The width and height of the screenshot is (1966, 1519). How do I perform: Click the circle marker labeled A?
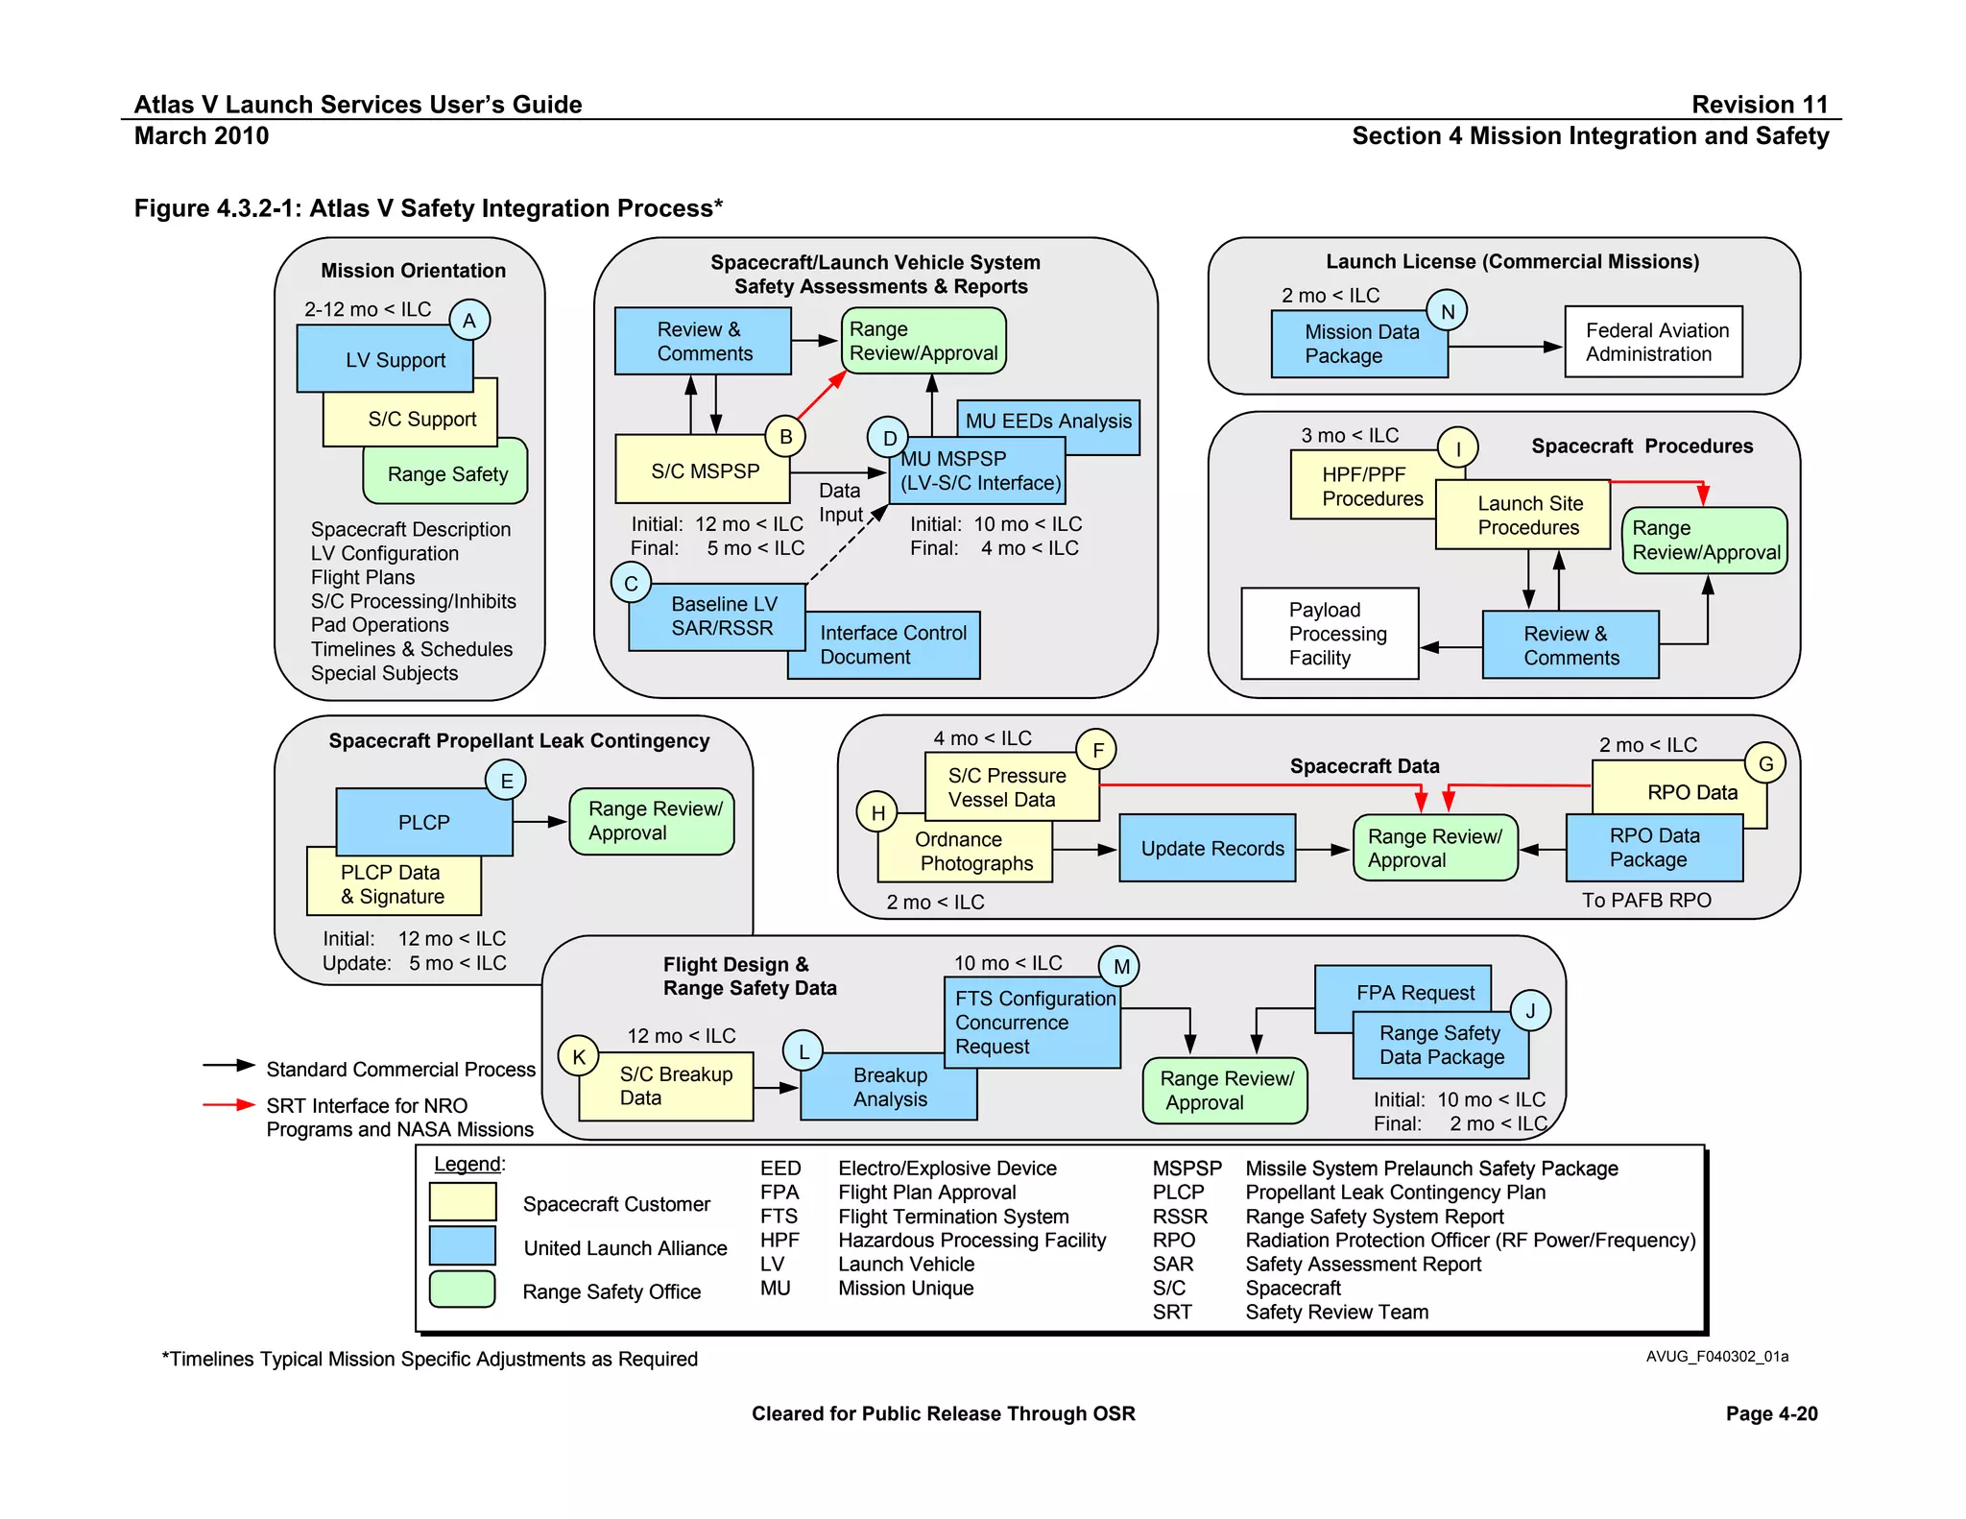pos(469,321)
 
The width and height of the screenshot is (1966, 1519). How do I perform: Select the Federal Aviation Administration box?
pos(1653,342)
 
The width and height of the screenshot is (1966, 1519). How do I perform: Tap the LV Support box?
pos(385,359)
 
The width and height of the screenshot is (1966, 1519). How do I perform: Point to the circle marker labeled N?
pos(1447,311)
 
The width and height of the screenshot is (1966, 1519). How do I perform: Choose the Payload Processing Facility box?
pos(1330,634)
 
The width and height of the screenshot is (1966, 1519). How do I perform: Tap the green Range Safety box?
pos(446,474)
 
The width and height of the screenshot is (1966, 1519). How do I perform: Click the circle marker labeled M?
pos(1119,966)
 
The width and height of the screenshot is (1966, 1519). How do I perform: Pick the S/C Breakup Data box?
pos(666,1087)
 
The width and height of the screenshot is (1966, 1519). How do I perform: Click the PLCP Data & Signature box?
pos(393,885)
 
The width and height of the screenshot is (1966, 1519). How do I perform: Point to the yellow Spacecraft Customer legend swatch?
pos(463,1201)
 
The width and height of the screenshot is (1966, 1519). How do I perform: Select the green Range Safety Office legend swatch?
pos(463,1290)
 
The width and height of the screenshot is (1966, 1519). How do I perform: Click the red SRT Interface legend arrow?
pos(228,1105)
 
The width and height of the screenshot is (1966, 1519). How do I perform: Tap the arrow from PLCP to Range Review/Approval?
pos(540,822)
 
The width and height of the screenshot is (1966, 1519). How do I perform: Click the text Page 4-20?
pos(1771,1413)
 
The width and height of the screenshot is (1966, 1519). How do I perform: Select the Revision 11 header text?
pos(1759,104)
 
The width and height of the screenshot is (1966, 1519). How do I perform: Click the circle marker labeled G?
pos(1765,763)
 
